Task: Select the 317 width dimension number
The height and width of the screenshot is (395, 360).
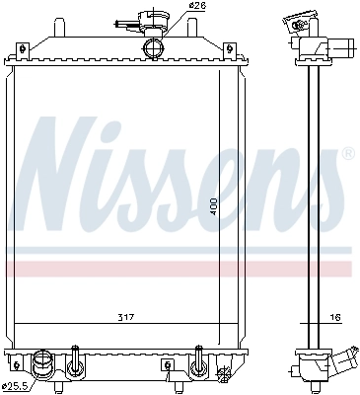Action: pyautogui.click(x=123, y=317)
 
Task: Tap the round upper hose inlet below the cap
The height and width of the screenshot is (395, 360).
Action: pyautogui.click(x=153, y=48)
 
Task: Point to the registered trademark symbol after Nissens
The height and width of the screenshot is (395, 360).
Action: pyautogui.click(x=346, y=155)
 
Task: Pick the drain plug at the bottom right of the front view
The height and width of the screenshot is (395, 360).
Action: pyautogui.click(x=224, y=373)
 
